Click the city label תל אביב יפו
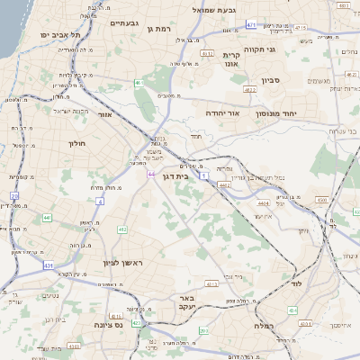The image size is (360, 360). [60, 34]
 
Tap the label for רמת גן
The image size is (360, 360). [159, 28]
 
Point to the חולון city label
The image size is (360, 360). [76, 142]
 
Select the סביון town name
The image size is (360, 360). [271, 80]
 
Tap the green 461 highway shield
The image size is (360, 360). [139, 83]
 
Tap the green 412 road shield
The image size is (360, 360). [122, 229]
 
